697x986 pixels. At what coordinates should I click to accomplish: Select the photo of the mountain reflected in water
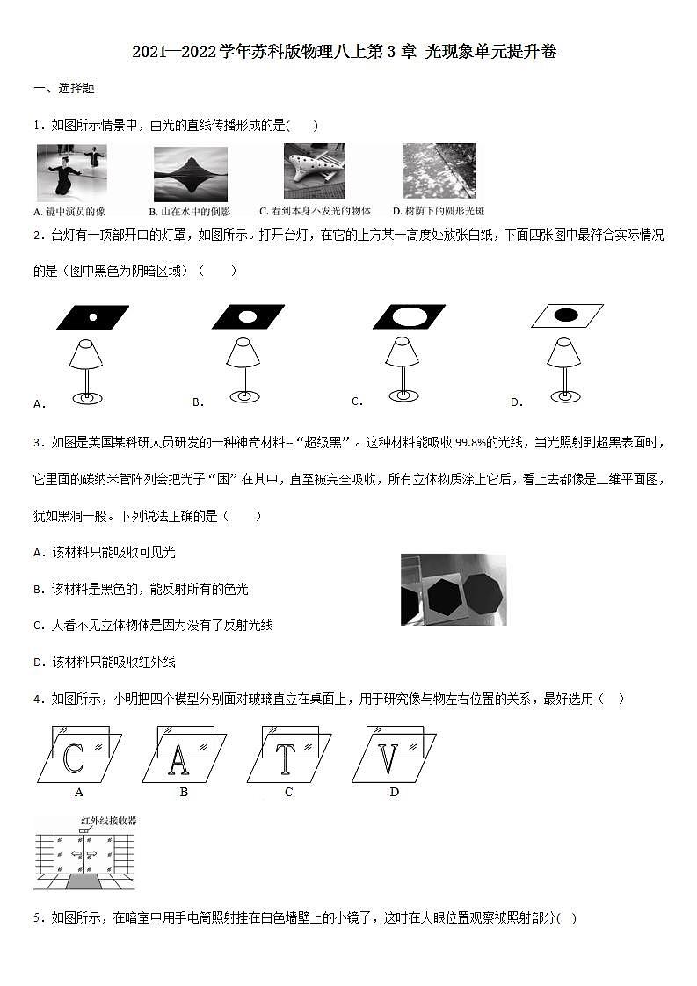click(190, 174)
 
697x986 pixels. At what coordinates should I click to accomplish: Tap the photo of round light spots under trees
click(439, 171)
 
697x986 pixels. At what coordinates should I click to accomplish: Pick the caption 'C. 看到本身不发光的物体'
click(315, 211)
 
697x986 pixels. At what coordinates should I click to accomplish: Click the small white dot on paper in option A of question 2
click(92, 316)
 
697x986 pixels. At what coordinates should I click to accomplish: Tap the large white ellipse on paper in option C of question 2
click(409, 315)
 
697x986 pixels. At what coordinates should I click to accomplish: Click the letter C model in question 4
click(75, 758)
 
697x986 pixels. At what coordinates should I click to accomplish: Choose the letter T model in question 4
click(286, 758)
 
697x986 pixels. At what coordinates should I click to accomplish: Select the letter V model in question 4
click(389, 758)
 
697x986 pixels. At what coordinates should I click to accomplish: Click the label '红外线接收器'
click(108, 821)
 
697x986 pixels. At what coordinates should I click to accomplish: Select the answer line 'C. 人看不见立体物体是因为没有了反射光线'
click(153, 625)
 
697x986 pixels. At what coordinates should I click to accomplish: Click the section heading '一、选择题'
click(63, 88)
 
